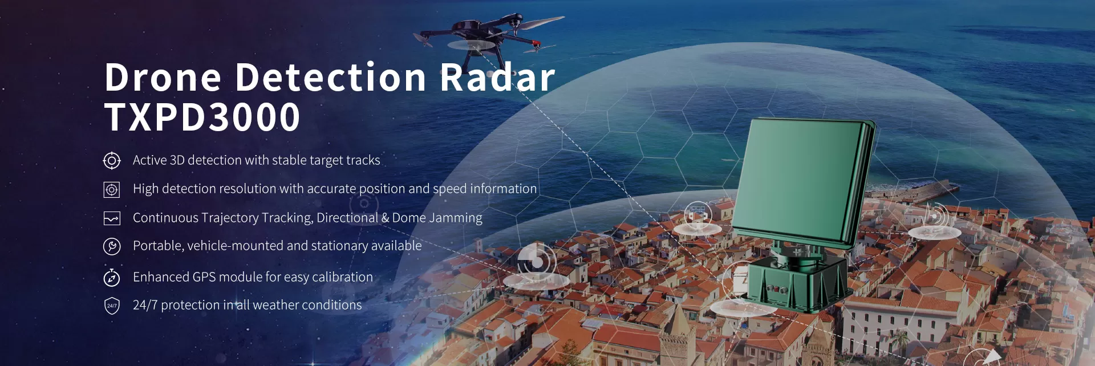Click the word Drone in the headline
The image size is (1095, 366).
click(x=163, y=78)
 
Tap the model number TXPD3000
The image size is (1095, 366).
click(x=202, y=117)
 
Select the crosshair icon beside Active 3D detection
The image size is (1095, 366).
click(x=112, y=161)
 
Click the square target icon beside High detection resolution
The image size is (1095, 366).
click(x=112, y=189)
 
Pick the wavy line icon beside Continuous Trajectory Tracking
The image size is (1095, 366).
click(x=112, y=218)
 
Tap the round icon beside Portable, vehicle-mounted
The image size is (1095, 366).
click(x=112, y=246)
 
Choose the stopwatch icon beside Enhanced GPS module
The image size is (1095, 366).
click(x=112, y=278)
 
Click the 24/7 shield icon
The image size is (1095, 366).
click(x=112, y=306)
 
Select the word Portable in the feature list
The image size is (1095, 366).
click(x=158, y=246)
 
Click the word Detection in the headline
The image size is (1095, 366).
click(x=331, y=78)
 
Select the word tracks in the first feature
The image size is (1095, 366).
click(x=363, y=160)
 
